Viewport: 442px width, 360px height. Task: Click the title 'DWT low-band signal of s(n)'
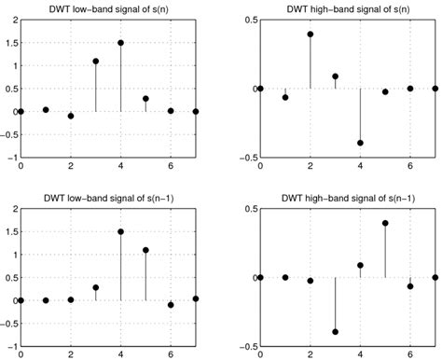108,8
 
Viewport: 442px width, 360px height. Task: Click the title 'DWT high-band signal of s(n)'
348,8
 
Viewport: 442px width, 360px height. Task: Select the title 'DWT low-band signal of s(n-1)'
108,197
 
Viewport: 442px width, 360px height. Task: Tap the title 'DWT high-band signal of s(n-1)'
348,197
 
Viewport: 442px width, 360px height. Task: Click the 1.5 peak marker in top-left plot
121,43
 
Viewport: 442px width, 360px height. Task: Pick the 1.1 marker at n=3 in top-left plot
96,62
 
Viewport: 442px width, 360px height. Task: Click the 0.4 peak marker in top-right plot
310,34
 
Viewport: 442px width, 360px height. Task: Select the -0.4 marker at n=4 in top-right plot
360,143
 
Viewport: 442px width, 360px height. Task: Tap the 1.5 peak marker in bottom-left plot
121,231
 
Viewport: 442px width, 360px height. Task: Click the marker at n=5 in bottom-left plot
146,250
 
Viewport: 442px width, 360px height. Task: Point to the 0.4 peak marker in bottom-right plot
385,223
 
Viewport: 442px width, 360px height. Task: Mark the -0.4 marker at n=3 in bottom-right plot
335,332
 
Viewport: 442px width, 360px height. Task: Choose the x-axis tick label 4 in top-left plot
121,167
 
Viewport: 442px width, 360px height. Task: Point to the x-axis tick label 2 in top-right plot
310,167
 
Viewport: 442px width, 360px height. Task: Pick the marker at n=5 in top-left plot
146,98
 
